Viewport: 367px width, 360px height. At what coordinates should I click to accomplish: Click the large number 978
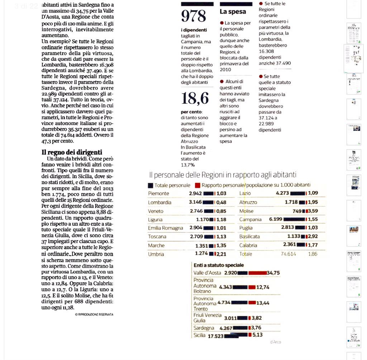point(194,16)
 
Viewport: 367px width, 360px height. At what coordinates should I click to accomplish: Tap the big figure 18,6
point(195,98)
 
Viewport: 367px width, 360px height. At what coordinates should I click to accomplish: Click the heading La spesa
point(233,11)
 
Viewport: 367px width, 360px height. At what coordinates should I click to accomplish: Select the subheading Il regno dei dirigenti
point(72,152)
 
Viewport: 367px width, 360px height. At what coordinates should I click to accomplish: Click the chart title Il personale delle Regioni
point(223,175)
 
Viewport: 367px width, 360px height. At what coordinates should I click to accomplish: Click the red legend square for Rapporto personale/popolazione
point(197,185)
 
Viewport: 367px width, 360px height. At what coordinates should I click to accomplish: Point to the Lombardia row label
point(159,202)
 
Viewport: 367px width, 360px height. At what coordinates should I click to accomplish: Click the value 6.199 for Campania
point(276,219)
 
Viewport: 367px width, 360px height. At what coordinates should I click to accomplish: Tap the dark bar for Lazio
point(297,193)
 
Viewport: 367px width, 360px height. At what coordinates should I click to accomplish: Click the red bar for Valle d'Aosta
point(257,273)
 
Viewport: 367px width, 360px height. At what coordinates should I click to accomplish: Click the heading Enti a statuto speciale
point(219,265)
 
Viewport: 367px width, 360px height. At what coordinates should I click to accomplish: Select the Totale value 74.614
point(288,254)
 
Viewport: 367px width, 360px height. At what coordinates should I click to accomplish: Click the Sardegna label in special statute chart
point(204,328)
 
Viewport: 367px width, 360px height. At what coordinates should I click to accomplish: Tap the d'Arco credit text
point(275,342)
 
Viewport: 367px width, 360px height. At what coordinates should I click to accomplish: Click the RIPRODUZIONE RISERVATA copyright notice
point(94,314)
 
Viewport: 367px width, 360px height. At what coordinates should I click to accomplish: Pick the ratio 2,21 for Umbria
point(221,254)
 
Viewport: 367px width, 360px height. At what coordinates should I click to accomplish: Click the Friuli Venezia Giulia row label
point(208,318)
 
